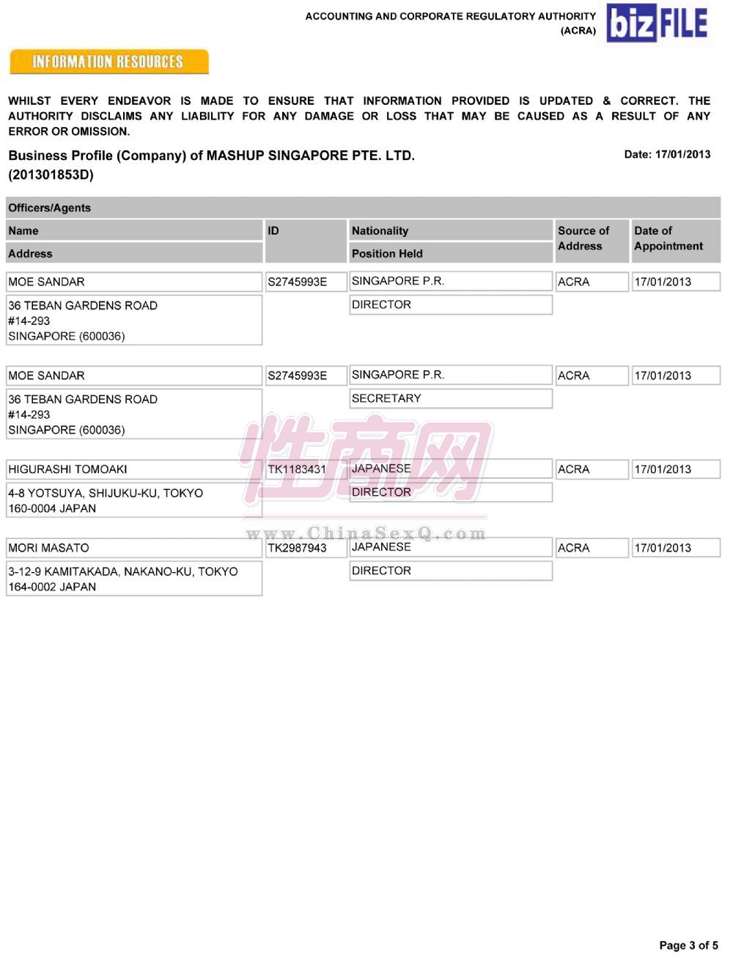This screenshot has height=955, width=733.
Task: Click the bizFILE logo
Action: tap(658, 23)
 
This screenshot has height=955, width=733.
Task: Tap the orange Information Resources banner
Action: tap(108, 62)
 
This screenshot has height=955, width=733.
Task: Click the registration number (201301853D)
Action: tap(51, 175)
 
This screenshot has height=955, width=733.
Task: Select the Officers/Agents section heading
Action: tap(50, 208)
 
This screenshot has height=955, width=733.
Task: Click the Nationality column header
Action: tap(380, 230)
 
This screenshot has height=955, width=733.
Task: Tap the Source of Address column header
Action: tap(583, 238)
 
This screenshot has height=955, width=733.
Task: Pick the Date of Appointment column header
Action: tap(668, 238)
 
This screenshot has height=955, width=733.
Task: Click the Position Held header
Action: tap(387, 254)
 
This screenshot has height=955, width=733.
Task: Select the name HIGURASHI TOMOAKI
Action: tap(67, 469)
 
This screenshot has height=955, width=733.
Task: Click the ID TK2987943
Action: tap(297, 548)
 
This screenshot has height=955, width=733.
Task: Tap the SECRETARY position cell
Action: tap(386, 398)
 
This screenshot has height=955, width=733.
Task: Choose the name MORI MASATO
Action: tap(48, 548)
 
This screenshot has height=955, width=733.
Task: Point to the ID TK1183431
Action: tap(297, 469)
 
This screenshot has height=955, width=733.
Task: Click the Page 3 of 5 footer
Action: tap(688, 945)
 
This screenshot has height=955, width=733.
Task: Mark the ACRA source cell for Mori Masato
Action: tap(573, 548)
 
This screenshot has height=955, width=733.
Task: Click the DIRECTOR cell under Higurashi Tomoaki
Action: tap(381, 492)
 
